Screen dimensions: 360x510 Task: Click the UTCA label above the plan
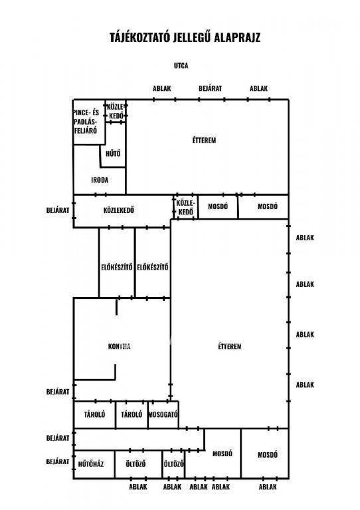(181, 66)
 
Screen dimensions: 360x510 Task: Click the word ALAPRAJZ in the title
(237, 37)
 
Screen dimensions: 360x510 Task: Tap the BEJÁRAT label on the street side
(211, 88)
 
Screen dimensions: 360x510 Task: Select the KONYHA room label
(120, 347)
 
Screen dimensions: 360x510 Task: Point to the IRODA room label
(100, 180)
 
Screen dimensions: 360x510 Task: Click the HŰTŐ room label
(113, 153)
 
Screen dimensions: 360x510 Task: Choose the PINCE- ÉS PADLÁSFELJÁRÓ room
(86, 122)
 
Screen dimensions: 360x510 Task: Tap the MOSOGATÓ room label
(163, 414)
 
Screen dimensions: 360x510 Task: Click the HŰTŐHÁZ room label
(91, 464)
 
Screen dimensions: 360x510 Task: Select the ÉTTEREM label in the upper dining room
(204, 141)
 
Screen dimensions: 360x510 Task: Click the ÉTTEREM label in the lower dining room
(230, 347)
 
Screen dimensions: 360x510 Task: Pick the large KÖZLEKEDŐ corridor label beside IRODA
(119, 210)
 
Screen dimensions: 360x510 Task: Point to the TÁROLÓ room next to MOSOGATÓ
(132, 414)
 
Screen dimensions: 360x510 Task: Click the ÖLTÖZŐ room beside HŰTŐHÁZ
(135, 464)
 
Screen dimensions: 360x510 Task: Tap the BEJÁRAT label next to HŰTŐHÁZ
(58, 462)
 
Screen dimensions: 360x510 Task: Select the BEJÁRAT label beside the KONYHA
(58, 392)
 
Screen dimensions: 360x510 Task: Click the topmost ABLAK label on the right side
(305, 238)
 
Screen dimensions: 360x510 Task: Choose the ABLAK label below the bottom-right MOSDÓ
(268, 487)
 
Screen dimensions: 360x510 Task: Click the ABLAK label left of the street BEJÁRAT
(162, 88)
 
